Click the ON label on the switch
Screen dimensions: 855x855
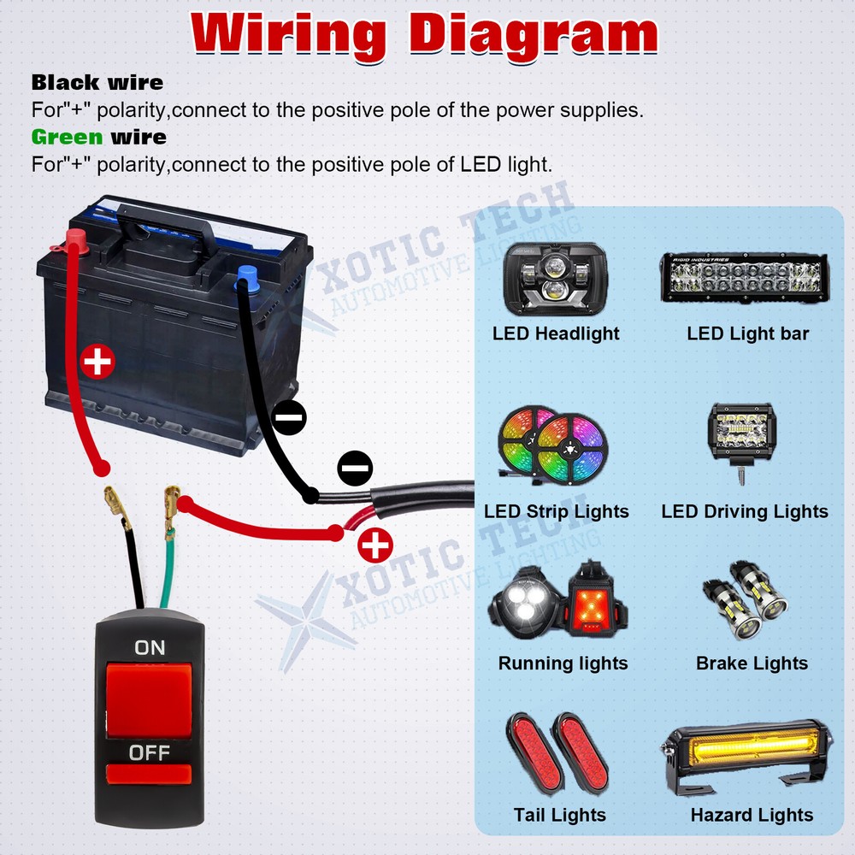point(150,648)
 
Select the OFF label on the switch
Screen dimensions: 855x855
point(150,753)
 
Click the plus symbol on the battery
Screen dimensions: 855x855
point(97,362)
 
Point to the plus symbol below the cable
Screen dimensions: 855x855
point(375,545)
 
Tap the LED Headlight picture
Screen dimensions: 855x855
point(555,280)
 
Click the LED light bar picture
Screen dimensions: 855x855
point(745,277)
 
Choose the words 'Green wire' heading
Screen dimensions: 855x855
point(98,137)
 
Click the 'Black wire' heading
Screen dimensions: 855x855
point(97,82)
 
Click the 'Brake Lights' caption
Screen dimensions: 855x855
point(752,663)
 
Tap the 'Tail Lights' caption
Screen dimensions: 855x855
point(559,815)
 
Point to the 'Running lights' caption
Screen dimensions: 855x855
point(563,663)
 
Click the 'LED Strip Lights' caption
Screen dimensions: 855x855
point(557,511)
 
